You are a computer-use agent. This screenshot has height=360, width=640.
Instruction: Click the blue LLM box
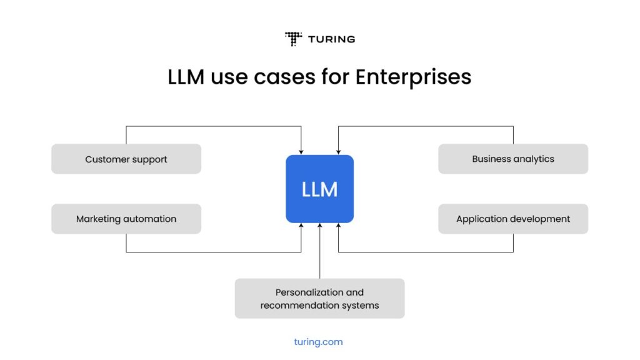tap(319, 189)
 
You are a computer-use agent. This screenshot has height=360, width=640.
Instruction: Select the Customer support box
tap(126, 159)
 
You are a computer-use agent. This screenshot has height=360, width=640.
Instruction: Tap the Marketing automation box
tap(126, 219)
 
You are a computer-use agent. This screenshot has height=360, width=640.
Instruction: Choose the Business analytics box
tap(513, 159)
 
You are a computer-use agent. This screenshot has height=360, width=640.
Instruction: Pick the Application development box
tap(513, 219)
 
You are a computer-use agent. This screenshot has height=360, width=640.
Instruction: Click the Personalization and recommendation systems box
tap(319, 299)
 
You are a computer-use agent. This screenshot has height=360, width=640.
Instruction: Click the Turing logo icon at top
tap(293, 39)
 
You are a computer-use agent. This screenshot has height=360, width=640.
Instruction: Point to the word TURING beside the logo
tap(331, 39)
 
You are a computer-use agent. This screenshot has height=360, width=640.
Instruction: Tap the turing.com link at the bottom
tap(318, 342)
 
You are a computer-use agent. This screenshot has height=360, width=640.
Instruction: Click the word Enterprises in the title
tap(413, 77)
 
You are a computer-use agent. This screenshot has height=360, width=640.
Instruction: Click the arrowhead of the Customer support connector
tap(301, 152)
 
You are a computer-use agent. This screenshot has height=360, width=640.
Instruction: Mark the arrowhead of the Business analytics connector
tap(338, 152)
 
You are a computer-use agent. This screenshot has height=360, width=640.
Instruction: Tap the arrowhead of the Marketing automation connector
tap(301, 226)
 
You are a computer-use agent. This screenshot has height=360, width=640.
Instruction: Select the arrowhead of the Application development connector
tap(338, 226)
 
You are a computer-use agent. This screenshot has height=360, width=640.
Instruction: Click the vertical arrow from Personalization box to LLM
tap(319, 250)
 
